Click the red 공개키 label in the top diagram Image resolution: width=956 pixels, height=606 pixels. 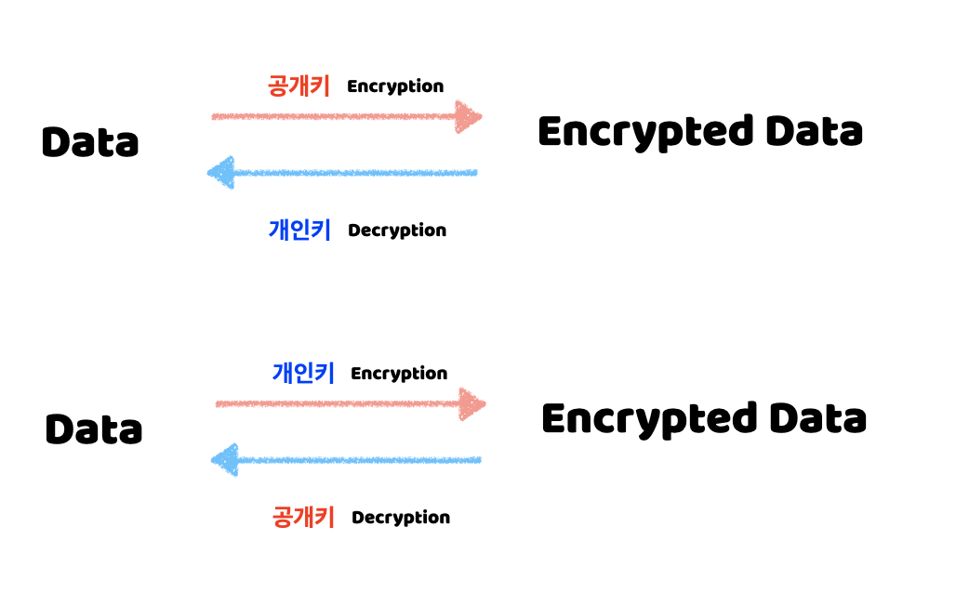coord(299,86)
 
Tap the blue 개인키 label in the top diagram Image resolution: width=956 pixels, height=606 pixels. coord(299,230)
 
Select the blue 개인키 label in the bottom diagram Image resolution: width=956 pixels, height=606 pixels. coord(303,374)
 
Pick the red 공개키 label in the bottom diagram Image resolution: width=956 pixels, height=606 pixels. coord(303,517)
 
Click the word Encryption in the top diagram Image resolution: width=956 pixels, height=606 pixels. coord(395,86)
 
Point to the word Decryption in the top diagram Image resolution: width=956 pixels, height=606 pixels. coord(397,231)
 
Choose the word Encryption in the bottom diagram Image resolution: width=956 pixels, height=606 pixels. coord(399,374)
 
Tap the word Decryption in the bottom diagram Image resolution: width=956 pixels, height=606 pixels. coord(401,518)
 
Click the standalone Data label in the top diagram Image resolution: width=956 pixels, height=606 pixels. coord(90,142)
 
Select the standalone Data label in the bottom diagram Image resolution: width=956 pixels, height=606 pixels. coord(94,429)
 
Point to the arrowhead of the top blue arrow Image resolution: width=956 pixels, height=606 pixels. coord(221,173)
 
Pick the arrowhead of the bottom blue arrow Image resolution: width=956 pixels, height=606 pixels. coord(225,460)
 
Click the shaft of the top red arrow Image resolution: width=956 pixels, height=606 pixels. coord(335,117)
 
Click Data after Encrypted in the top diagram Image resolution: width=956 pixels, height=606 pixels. coord(814,132)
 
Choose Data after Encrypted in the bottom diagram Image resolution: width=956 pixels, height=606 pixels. coord(817,419)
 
